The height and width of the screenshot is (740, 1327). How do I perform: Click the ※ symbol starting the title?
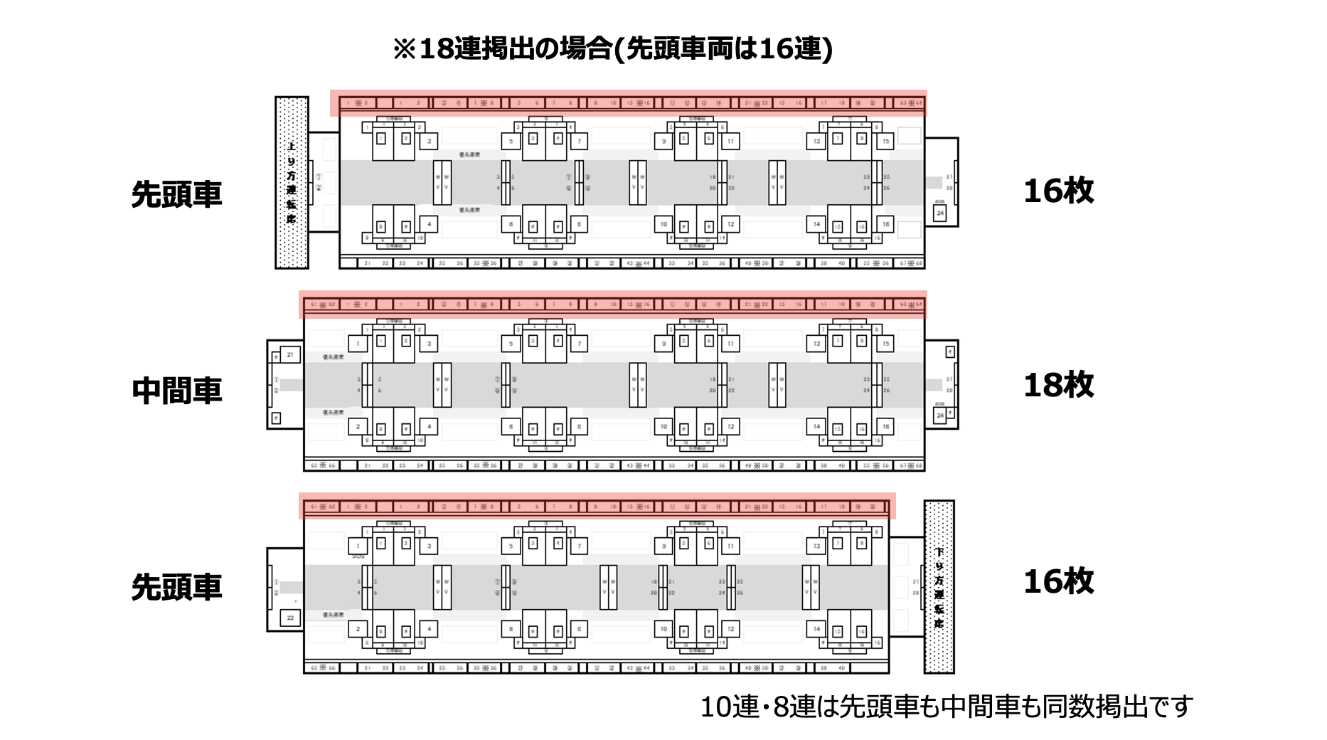404,49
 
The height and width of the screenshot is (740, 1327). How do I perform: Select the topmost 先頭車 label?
176,194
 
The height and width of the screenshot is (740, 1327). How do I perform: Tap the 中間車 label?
176,391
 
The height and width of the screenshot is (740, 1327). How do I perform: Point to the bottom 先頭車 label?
176,587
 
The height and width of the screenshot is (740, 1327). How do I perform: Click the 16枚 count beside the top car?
1058,191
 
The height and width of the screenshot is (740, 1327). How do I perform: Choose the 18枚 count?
1058,385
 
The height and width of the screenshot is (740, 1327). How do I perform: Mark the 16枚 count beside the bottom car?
1058,581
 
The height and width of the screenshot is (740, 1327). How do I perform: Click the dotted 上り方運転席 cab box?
292,182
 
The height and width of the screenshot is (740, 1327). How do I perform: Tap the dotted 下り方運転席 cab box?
939,586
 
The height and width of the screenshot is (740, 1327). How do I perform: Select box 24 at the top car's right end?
940,213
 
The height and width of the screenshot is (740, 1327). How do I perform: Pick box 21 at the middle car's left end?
289,354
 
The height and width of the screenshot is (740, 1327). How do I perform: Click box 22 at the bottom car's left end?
290,618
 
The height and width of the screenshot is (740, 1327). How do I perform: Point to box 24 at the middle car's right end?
940,415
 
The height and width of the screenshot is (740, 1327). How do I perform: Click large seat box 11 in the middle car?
730,344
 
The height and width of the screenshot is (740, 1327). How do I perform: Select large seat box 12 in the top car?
730,224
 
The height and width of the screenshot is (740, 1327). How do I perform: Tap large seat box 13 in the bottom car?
816,546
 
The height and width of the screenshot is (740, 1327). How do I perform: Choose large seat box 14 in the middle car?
816,427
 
